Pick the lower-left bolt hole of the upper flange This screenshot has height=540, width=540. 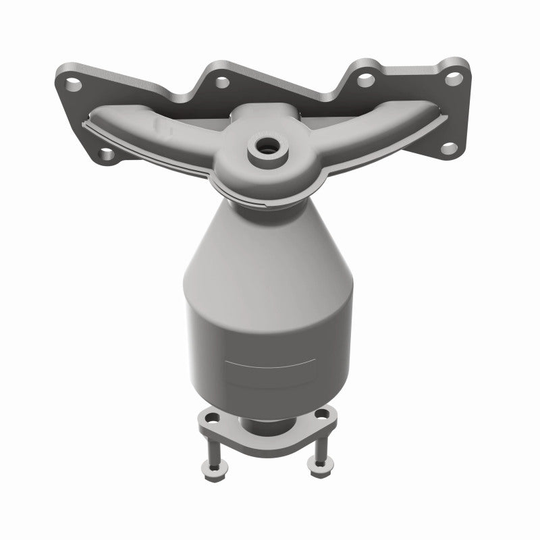tap(105, 155)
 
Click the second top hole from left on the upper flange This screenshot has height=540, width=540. tap(220, 82)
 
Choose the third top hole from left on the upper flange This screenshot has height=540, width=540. tap(365, 80)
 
